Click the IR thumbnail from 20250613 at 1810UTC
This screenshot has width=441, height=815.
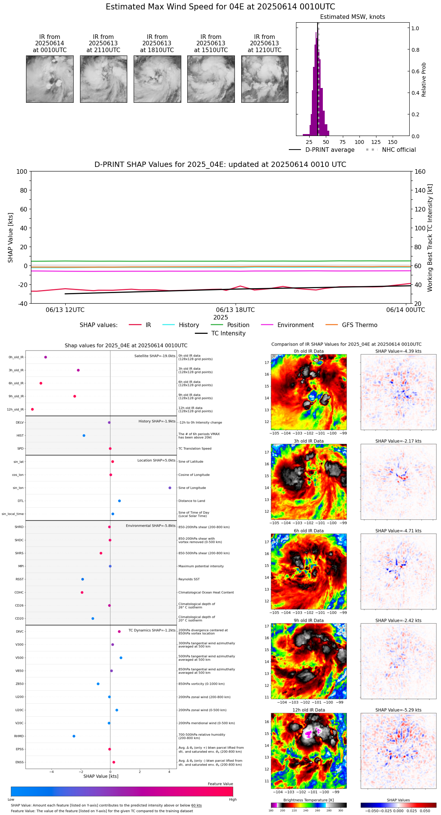(x=157, y=79)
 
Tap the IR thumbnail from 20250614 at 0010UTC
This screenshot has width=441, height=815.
(x=49, y=79)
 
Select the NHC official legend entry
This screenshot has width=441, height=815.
(x=398, y=150)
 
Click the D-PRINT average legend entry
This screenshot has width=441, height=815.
(x=330, y=150)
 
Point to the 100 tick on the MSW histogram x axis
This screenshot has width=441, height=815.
(x=359, y=142)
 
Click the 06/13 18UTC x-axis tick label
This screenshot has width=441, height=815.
(x=235, y=310)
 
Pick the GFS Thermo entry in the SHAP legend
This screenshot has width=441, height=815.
(x=359, y=325)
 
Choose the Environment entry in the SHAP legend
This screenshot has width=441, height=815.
(x=295, y=325)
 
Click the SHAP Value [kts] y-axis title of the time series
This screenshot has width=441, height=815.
(x=11, y=238)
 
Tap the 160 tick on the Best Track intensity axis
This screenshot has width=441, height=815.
(x=420, y=171)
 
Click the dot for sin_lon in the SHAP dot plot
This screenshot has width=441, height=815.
(x=170, y=488)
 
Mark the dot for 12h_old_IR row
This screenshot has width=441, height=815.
(x=32, y=409)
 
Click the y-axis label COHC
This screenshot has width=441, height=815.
(x=19, y=593)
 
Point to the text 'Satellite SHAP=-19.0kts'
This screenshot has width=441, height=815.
(x=155, y=356)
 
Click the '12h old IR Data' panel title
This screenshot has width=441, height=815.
(x=308, y=710)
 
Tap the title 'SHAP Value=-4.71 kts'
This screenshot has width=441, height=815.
(x=398, y=531)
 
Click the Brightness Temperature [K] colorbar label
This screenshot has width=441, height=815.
(x=308, y=800)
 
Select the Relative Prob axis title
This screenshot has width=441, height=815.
(x=424, y=80)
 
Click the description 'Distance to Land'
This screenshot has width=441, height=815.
(x=191, y=501)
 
